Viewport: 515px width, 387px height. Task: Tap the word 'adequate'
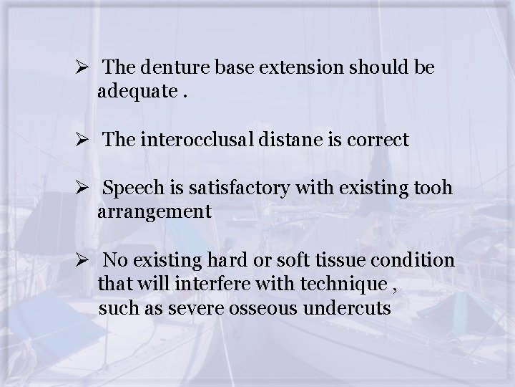(136, 92)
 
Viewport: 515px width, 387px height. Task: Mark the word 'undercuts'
(346, 309)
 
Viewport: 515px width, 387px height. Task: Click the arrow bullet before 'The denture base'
(81, 69)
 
